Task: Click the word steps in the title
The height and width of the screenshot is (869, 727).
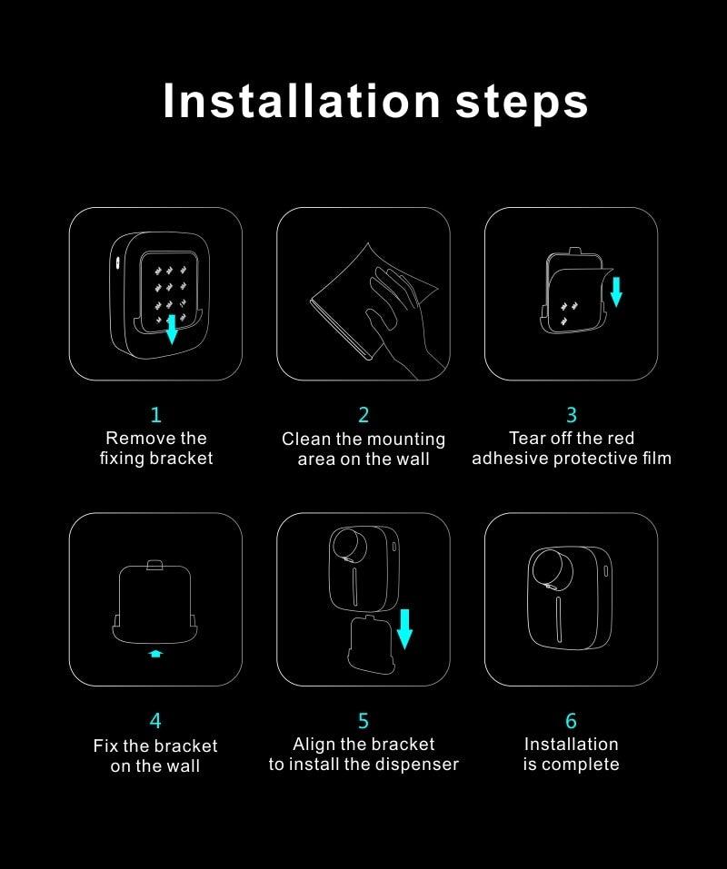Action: [522, 103]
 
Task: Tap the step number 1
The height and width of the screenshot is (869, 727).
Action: [155, 415]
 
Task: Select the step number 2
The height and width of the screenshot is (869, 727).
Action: [363, 415]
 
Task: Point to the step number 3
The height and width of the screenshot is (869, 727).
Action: [571, 415]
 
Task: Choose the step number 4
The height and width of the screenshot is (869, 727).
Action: [155, 721]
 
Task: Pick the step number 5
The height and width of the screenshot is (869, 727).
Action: [363, 721]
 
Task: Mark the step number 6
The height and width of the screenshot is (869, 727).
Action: [571, 721]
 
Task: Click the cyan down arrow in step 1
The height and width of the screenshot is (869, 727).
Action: [172, 330]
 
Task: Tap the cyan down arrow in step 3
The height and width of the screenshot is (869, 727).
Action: [616, 291]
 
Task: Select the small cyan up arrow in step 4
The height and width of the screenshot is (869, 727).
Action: [155, 652]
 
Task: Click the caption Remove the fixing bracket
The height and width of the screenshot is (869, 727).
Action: [155, 449]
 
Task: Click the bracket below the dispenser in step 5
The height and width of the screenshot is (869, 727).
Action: [368, 644]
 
